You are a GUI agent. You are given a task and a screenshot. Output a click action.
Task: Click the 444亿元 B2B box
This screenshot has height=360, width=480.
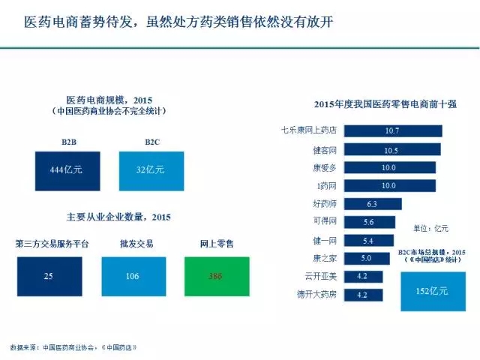66,170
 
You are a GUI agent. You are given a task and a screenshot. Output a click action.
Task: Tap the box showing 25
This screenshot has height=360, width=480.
49,276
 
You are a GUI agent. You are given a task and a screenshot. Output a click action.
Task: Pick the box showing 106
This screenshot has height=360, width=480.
133,276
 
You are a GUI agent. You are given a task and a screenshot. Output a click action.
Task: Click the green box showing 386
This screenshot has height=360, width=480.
217,276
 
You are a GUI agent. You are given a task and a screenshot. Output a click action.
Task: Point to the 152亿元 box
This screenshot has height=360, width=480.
433,287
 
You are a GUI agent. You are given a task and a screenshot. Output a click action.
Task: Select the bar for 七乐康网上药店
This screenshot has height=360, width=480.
392,130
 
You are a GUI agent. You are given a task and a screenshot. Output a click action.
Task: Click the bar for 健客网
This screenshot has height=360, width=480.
391,149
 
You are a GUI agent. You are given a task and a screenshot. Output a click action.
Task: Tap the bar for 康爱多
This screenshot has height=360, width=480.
389,167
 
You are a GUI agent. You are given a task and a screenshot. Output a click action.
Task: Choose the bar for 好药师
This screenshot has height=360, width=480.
372,203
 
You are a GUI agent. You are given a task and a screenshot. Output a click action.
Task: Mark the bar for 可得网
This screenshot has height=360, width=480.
368,222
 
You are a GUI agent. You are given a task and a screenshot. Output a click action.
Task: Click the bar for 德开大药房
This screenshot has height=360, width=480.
362,295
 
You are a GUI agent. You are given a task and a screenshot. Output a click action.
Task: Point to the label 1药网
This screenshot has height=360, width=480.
325,185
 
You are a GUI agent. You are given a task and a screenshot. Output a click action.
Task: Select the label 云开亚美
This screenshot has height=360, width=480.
319,277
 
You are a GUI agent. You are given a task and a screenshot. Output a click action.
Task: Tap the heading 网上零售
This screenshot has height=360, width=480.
217,244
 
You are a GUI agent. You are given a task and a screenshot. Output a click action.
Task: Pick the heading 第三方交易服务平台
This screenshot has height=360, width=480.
50,244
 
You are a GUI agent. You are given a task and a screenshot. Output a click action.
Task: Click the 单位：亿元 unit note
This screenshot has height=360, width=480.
430,227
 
